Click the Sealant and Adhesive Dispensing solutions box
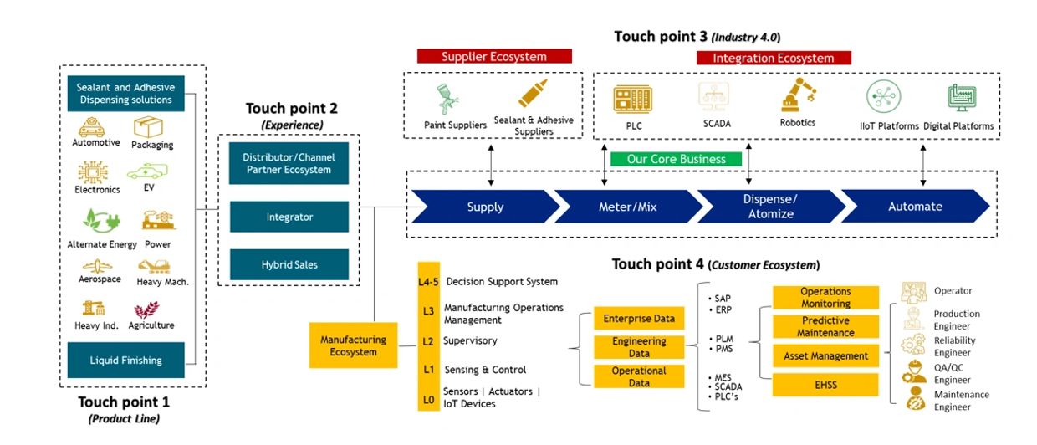tap(125, 94)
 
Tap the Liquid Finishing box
tap(125, 361)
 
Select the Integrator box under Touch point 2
tap(289, 217)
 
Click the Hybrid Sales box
tap(289, 265)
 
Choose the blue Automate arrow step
tap(915, 207)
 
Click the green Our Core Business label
tap(676, 159)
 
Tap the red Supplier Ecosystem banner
tap(494, 57)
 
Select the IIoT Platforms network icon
tap(883, 97)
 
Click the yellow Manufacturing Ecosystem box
tap(353, 345)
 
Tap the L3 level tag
tap(428, 311)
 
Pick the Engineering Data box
tap(639, 347)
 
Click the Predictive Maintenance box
tap(826, 326)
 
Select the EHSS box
tap(826, 385)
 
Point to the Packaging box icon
tap(148, 127)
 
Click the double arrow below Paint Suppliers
tap(491, 167)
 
